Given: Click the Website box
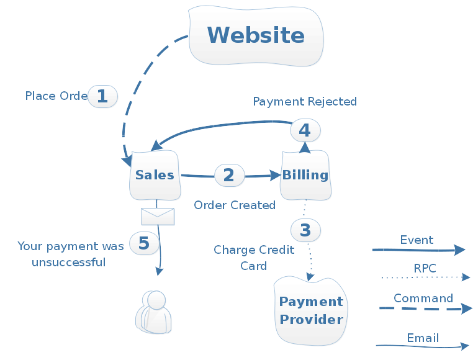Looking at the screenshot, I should click(x=256, y=35).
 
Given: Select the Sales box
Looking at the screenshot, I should click(x=155, y=174).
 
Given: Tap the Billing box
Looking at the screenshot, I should click(x=305, y=174).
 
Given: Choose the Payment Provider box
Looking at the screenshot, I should click(x=311, y=311).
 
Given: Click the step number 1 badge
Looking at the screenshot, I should click(x=102, y=96).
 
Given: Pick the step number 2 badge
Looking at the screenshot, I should click(x=229, y=175).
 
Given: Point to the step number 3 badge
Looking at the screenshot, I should click(x=305, y=230).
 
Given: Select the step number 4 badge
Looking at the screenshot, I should click(x=305, y=130).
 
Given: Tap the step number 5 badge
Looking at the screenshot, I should click(x=144, y=243).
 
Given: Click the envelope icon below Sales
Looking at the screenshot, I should click(x=158, y=216).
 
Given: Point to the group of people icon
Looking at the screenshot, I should click(x=153, y=312).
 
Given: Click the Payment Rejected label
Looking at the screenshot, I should click(x=305, y=101).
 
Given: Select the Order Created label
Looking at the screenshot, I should click(x=235, y=205).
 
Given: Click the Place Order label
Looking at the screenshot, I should click(x=56, y=96).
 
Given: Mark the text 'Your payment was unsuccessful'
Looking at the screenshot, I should click(x=70, y=254).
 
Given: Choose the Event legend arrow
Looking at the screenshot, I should click(x=418, y=250).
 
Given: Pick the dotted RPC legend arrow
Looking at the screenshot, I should click(x=425, y=277).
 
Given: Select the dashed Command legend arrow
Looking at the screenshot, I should click(x=425, y=308).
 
